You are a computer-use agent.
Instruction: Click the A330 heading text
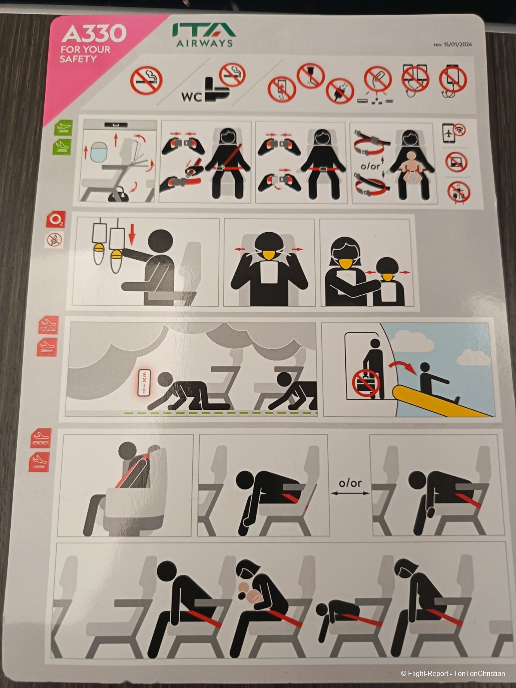94,34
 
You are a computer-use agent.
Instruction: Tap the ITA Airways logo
204,34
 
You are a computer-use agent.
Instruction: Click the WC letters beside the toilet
192,97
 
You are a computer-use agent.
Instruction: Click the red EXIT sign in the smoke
144,383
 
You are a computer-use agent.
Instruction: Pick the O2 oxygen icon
56,219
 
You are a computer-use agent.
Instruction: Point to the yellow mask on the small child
388,277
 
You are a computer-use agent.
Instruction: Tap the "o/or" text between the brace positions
350,483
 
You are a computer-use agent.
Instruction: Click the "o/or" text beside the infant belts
370,166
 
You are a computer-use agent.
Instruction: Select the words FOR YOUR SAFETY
85,54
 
